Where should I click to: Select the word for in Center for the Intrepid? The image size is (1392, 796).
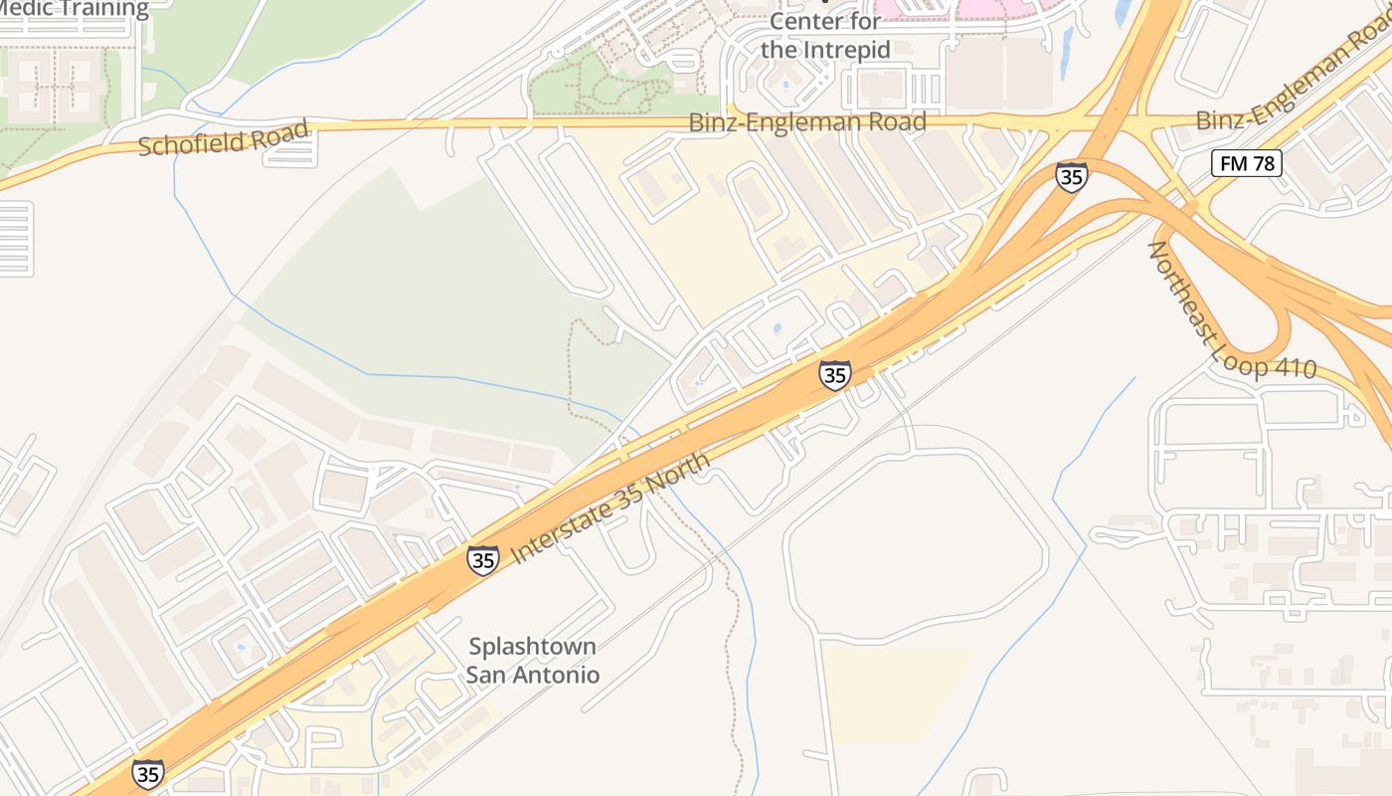coord(781,49)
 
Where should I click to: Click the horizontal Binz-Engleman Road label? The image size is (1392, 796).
coord(807,122)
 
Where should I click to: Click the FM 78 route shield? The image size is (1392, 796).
coord(1247,163)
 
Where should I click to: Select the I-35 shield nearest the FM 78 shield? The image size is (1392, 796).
coord(1072,177)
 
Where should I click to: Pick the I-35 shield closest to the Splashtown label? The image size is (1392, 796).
coord(483,560)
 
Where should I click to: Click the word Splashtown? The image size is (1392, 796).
coord(533,647)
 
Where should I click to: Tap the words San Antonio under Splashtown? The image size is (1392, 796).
coord(533,675)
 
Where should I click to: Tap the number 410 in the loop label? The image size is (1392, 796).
coord(1294,370)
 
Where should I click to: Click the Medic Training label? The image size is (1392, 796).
coord(75,9)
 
